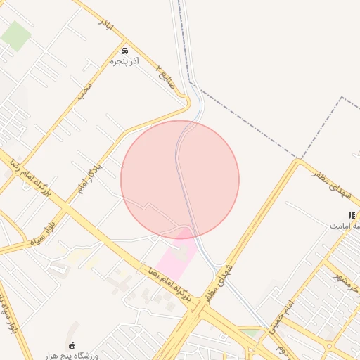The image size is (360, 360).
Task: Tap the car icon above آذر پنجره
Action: point(124,51)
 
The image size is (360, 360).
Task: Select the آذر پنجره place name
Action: point(124,62)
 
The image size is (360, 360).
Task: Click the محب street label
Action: point(86,91)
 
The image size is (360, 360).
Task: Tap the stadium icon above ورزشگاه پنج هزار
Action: point(72,345)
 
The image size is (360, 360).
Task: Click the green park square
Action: point(15,35)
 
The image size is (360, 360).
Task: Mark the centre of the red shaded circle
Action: point(180,179)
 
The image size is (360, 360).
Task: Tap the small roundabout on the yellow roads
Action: point(328,345)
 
